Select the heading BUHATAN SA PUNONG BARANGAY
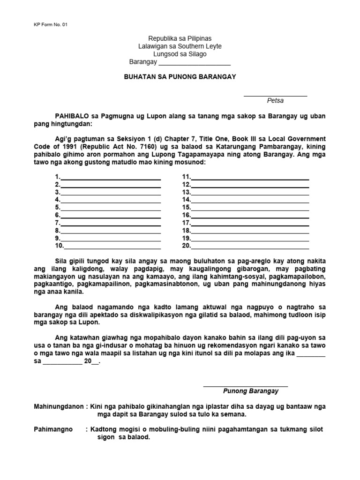[180, 76]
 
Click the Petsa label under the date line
[275, 100]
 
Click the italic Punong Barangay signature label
[250, 391]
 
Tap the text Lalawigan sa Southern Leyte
[180, 46]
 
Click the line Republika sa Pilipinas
[180, 38]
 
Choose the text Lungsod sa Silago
[180, 54]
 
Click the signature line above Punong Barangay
[245, 386]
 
